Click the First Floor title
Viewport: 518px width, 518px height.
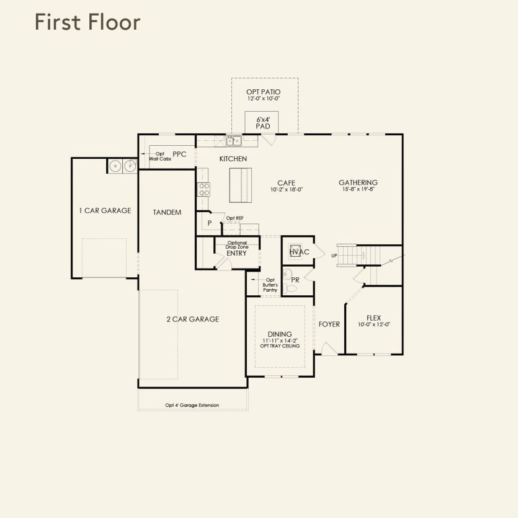pos(87,22)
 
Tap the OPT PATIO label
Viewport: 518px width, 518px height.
pos(263,92)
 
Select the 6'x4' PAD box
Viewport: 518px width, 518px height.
pos(262,123)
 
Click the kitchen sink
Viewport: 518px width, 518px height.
pos(234,141)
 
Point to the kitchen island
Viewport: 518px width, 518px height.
pos(241,185)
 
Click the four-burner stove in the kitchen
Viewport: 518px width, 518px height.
pos(203,189)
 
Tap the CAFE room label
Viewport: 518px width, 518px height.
pos(287,182)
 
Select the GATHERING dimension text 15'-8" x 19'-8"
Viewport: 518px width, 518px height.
pos(359,189)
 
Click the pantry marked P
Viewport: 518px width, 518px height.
pos(210,223)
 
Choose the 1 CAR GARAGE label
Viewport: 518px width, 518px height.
pos(105,210)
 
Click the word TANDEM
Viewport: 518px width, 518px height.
pos(167,212)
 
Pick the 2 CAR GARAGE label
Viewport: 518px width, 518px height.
pos(193,319)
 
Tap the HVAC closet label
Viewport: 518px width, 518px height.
pos(299,252)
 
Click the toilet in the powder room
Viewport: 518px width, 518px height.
pos(290,288)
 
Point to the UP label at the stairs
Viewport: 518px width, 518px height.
pos(334,256)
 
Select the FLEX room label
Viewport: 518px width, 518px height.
pos(373,318)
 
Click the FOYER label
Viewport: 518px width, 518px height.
pos(329,324)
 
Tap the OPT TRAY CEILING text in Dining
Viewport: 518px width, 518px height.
pos(280,346)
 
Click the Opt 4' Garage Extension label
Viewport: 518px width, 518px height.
pos(192,405)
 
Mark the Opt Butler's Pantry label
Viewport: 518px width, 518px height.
pos(270,285)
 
